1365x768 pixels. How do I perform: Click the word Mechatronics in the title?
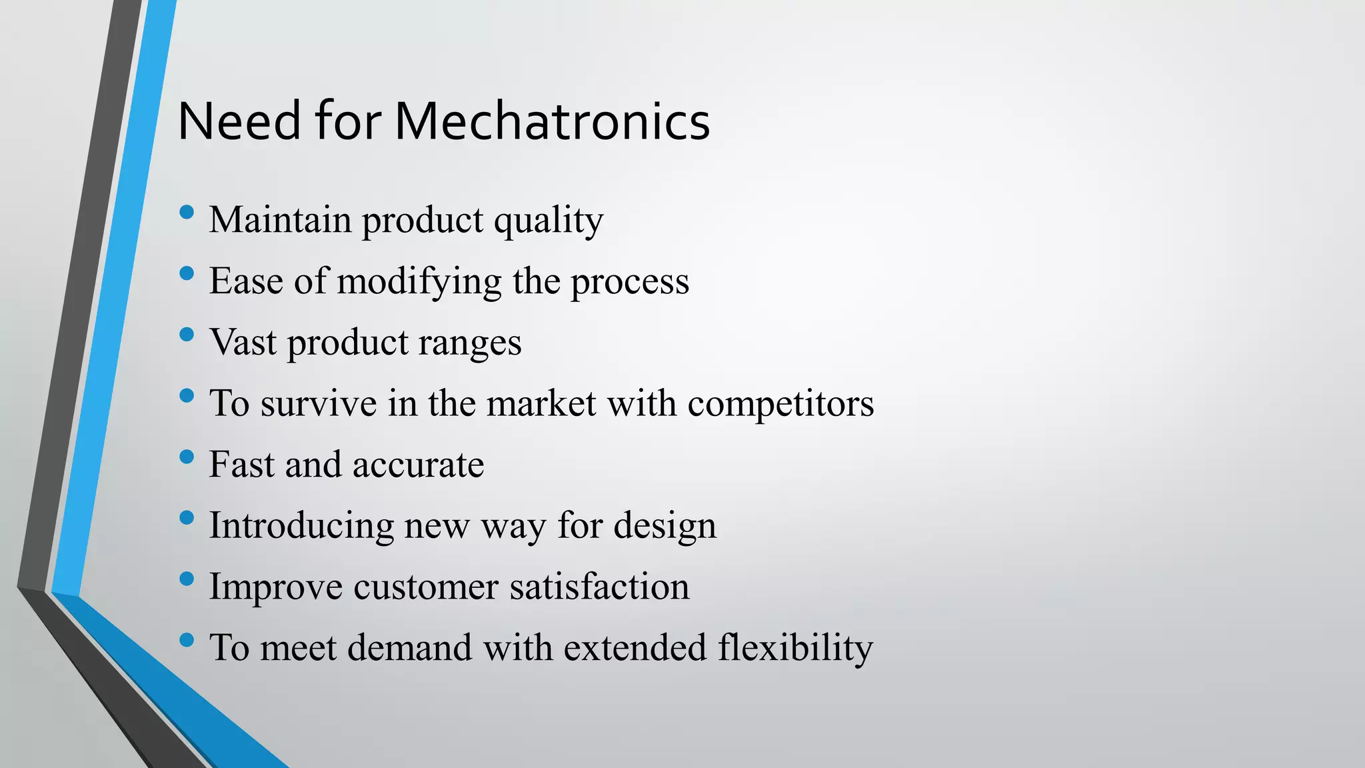coord(552,121)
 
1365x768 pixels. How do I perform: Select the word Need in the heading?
coord(239,121)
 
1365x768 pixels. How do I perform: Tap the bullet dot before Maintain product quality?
coord(187,213)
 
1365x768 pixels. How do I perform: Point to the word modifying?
coord(419,281)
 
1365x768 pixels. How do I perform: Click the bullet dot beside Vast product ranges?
coord(187,335)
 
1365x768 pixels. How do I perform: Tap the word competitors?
coord(780,404)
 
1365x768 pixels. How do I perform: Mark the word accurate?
coord(418,465)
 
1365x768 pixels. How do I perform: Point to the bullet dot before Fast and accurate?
coord(187,457)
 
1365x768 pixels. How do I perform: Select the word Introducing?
coord(301,526)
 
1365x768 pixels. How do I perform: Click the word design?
coord(665,526)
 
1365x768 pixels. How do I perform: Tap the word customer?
coord(425,587)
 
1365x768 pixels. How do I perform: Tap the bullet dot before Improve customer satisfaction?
coord(187,579)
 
